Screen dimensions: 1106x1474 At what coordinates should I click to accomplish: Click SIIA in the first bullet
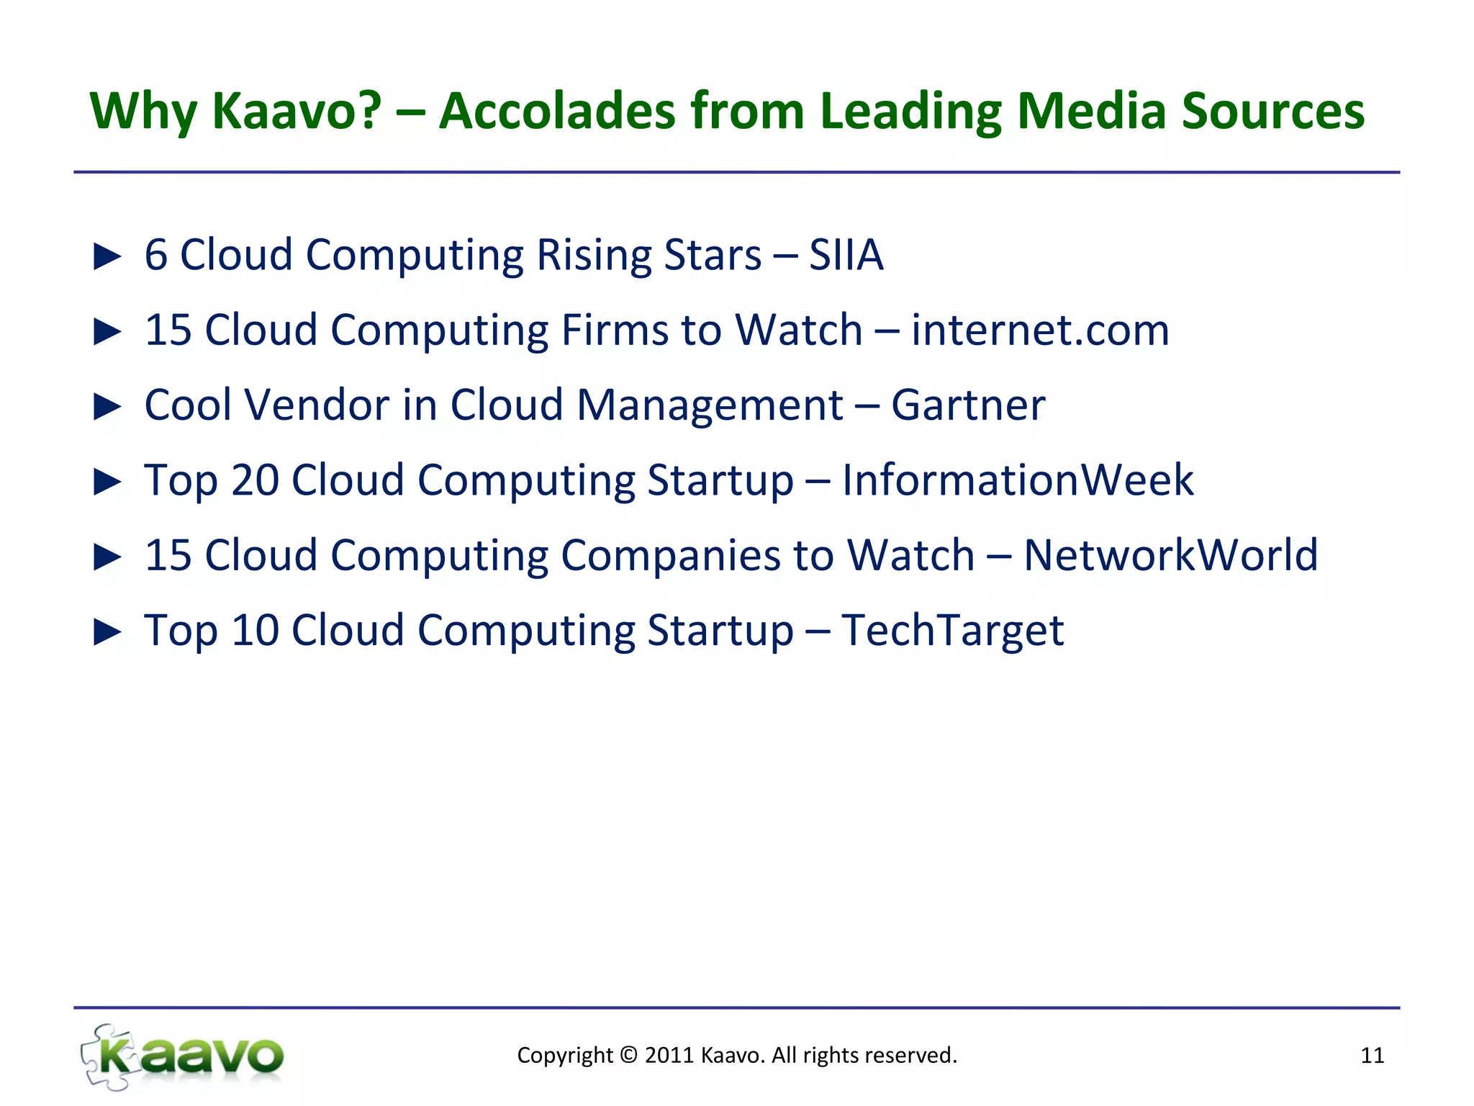point(846,255)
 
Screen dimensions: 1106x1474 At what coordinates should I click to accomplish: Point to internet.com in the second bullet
point(1040,330)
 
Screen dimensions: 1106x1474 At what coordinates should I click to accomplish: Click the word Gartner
point(968,405)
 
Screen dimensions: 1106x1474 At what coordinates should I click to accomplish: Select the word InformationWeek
point(1018,480)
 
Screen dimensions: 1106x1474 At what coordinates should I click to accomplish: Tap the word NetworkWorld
point(1170,555)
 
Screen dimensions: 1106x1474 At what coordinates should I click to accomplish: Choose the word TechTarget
point(952,630)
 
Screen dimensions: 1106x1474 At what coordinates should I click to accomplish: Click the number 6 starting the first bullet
point(156,255)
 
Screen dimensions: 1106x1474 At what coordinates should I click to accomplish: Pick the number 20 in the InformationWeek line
point(255,480)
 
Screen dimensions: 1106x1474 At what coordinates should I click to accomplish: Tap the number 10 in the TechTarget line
point(255,630)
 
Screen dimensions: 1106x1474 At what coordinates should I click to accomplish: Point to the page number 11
point(1372,1056)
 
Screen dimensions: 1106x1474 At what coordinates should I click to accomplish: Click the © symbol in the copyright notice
point(628,1056)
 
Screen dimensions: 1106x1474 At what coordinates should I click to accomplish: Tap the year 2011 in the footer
point(669,1056)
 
